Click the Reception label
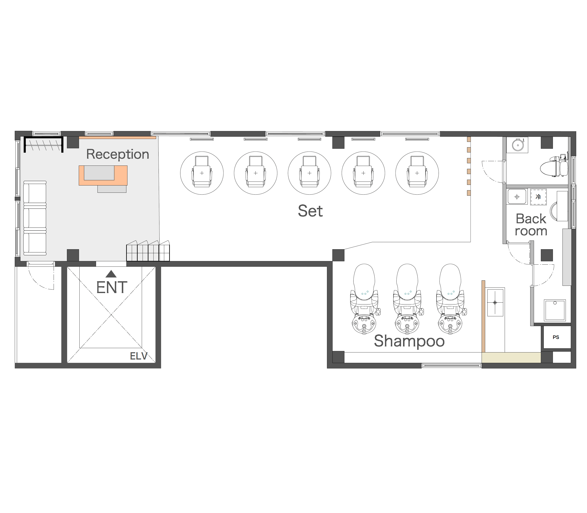(118, 155)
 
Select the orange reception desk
(103, 175)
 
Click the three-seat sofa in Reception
(35, 218)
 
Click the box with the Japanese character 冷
(538, 197)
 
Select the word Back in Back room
(531, 219)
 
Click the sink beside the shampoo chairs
(495, 302)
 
